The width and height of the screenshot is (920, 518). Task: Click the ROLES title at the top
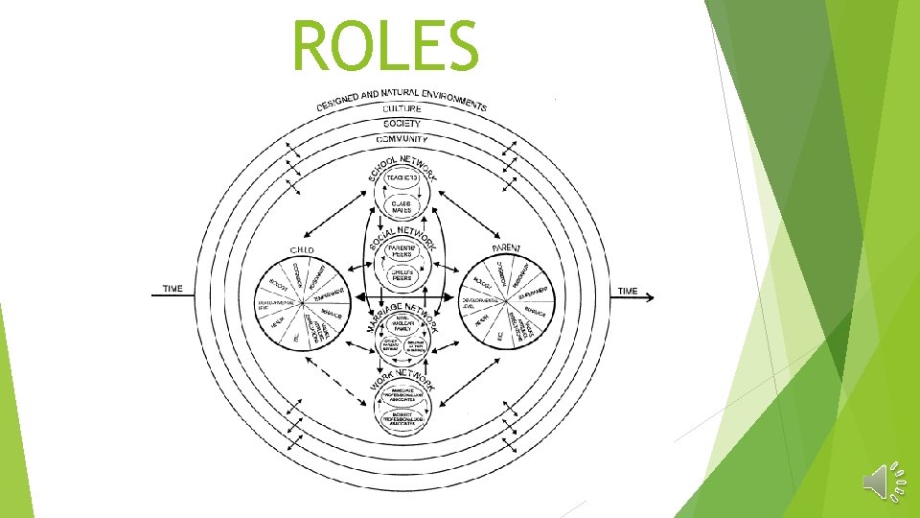click(385, 46)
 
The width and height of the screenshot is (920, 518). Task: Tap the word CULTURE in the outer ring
click(402, 109)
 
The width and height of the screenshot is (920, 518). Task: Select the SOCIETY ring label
click(402, 124)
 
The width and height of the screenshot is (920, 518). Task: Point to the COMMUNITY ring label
click(402, 139)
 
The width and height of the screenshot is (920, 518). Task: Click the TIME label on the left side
click(173, 289)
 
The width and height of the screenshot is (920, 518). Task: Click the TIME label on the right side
click(628, 291)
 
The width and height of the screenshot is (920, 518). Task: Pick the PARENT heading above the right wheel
click(506, 248)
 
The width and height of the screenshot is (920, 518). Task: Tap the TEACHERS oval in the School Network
click(402, 178)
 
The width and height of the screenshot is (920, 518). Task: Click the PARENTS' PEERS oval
click(402, 252)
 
